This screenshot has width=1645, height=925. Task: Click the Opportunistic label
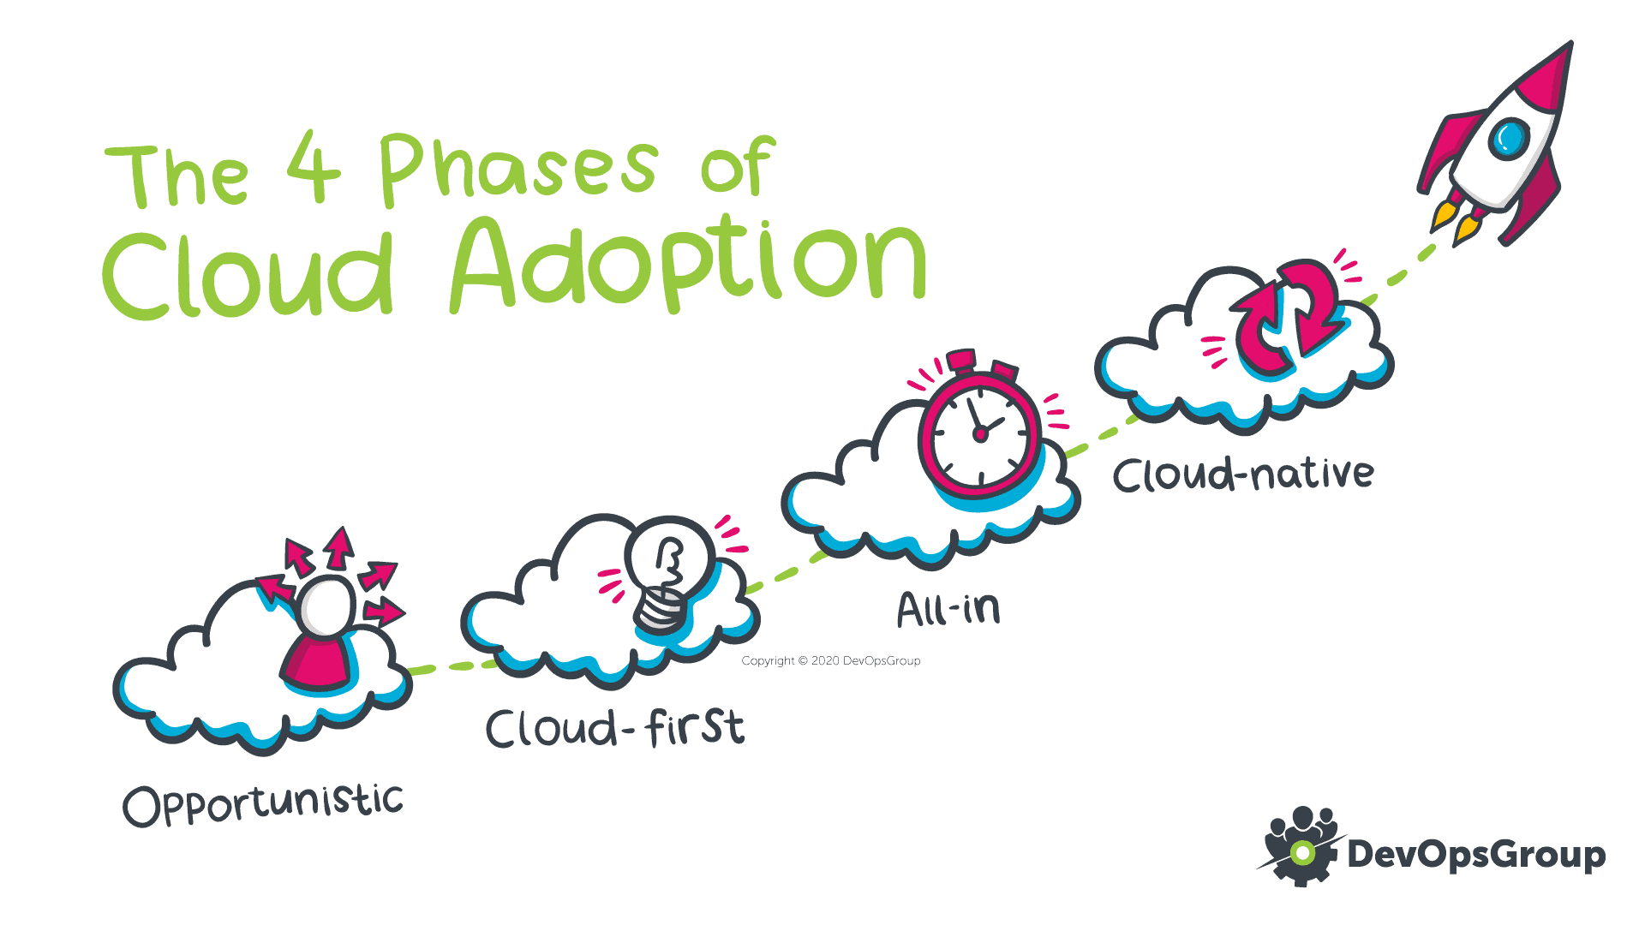coord(263,804)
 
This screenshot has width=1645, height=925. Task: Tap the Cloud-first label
coord(615,728)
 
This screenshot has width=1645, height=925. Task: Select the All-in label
coord(948,609)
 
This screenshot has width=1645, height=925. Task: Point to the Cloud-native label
coord(1243,474)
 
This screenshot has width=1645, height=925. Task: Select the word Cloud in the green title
coord(248,274)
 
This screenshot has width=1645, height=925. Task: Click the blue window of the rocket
coord(1509,138)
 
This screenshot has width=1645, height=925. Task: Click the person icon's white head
coord(327,606)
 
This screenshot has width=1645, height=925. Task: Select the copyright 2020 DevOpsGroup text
coord(831,660)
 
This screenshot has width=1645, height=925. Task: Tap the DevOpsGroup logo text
coord(1476,855)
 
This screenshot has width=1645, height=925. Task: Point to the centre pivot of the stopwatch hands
coord(980,434)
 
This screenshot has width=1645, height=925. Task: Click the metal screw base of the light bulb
coord(661,609)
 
